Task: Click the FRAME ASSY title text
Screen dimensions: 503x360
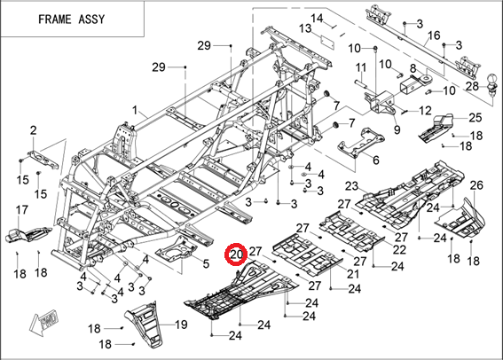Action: point(72,20)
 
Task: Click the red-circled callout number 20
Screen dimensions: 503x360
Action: point(237,254)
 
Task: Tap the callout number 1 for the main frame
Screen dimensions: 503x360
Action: point(135,111)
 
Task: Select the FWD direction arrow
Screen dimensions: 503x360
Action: point(43,321)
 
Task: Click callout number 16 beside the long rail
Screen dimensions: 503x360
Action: point(434,35)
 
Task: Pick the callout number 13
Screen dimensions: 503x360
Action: point(305,28)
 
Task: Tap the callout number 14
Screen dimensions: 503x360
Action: point(317,18)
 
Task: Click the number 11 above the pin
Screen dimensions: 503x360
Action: point(361,67)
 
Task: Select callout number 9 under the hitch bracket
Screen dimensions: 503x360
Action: point(397,129)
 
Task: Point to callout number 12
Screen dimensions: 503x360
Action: point(425,111)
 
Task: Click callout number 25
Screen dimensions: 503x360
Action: point(475,118)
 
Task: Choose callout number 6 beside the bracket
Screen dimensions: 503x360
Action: point(375,160)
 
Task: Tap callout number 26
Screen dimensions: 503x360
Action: point(476,185)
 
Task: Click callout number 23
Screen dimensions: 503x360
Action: point(351,186)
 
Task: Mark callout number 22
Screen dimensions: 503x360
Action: point(399,250)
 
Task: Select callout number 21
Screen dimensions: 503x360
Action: point(353,274)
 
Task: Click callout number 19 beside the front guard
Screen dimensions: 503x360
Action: point(181,325)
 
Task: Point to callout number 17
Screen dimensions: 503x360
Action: point(22,210)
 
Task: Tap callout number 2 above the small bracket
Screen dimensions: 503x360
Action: point(34,130)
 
